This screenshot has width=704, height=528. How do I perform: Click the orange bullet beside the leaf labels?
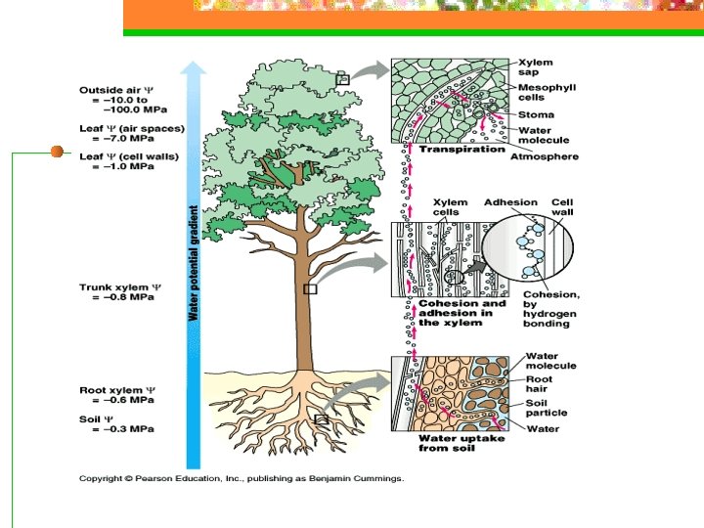point(57,152)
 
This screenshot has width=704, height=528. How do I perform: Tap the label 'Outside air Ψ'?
point(114,90)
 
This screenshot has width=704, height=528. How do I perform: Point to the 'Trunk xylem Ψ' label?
point(119,287)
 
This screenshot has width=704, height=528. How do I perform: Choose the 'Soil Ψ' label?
point(97,419)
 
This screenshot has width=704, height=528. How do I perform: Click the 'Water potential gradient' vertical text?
point(194,265)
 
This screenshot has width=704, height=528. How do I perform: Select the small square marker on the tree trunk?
point(311,289)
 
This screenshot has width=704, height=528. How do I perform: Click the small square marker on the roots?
point(321,418)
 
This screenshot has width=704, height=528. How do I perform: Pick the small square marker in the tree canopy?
point(342,78)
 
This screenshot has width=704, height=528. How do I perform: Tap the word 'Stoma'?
point(536,113)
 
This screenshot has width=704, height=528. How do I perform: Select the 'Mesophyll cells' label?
point(547,93)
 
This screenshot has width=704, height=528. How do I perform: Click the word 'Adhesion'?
point(510,203)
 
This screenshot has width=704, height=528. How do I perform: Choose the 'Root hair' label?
point(539,384)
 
